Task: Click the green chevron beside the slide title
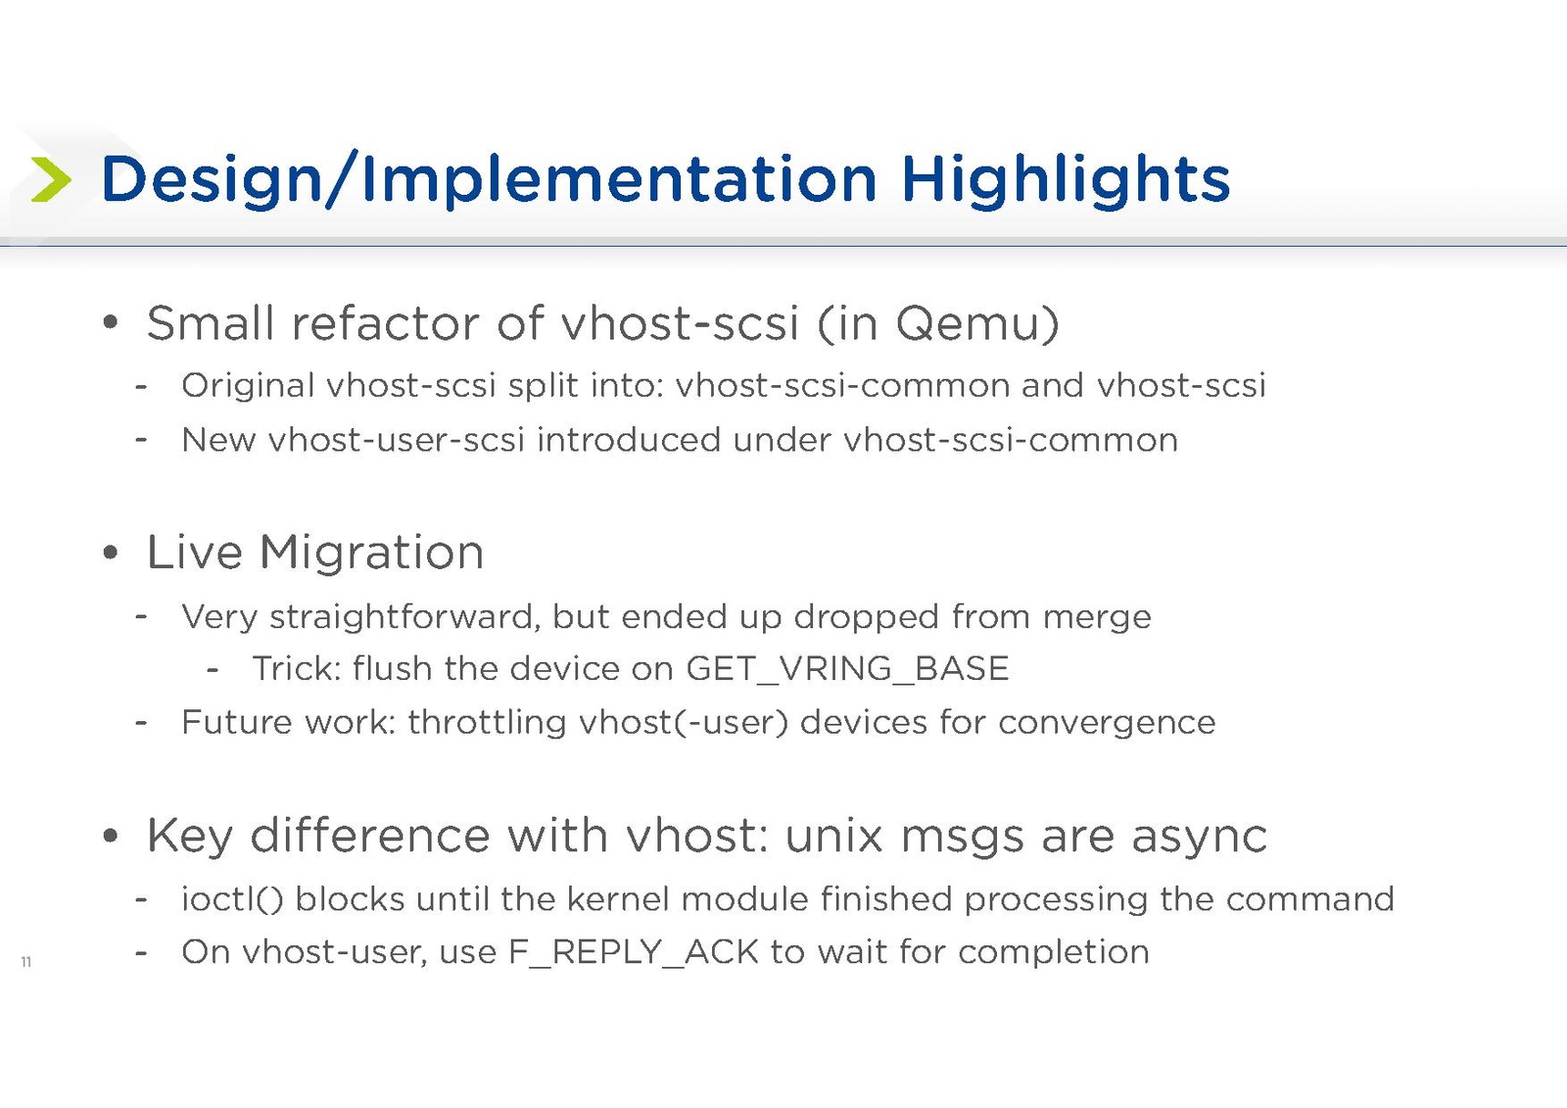tap(51, 180)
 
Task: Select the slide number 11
tap(25, 962)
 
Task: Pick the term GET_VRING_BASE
tap(848, 668)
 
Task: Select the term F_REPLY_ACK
tap(634, 952)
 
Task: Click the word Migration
tap(371, 553)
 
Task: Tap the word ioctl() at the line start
tap(232, 899)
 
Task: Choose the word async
tap(1199, 837)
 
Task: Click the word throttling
tap(487, 722)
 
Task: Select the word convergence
tap(1107, 723)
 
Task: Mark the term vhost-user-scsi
tap(397, 440)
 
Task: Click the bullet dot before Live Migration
tap(110, 553)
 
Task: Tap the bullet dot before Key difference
tap(110, 836)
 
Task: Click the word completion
tap(1054, 952)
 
